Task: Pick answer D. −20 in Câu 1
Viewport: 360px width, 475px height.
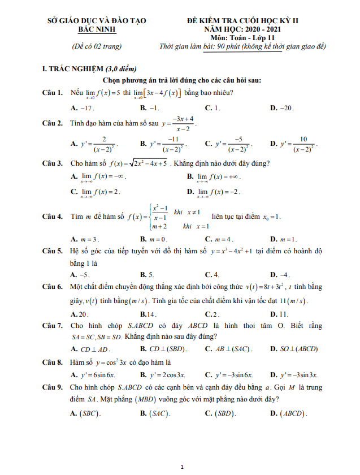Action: pyautogui.click(x=282, y=107)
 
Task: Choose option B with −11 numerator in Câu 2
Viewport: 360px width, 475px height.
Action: pyautogui.click(x=161, y=145)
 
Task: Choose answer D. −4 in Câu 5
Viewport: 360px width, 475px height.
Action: pyautogui.click(x=280, y=274)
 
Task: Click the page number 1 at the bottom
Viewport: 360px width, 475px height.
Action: pyautogui.click(x=180, y=467)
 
